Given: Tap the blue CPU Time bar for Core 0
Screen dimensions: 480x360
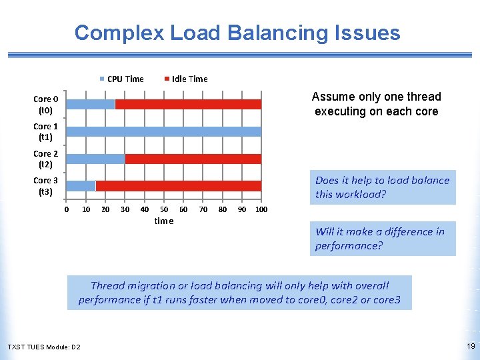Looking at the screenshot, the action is click(x=91, y=104).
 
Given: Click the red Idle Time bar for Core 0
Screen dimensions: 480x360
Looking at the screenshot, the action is click(x=188, y=104).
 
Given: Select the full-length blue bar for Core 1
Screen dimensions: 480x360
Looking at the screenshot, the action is click(x=163, y=131).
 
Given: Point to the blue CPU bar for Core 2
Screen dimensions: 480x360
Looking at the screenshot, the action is click(x=95, y=159).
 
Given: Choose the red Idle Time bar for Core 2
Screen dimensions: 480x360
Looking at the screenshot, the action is click(x=193, y=159).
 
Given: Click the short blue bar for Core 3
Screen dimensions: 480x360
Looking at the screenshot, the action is click(x=81, y=185).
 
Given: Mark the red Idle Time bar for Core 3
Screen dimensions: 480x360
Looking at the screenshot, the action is click(x=179, y=185).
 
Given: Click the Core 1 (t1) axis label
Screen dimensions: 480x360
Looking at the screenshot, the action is click(x=46, y=131).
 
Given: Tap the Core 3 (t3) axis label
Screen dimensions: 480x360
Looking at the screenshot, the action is click(x=46, y=185).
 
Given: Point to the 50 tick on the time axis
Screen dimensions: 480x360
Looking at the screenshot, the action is click(x=164, y=209).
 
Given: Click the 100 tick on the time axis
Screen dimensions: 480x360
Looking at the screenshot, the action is click(x=261, y=209).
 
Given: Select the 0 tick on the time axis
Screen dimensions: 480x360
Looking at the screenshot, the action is click(x=67, y=209).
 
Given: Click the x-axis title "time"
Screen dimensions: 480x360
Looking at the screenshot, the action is click(x=163, y=221).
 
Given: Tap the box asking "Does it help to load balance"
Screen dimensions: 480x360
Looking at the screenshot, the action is click(x=382, y=187).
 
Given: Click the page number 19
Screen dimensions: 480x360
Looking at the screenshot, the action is click(x=471, y=346).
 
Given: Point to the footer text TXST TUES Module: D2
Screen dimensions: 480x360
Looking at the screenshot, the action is click(x=44, y=347).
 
